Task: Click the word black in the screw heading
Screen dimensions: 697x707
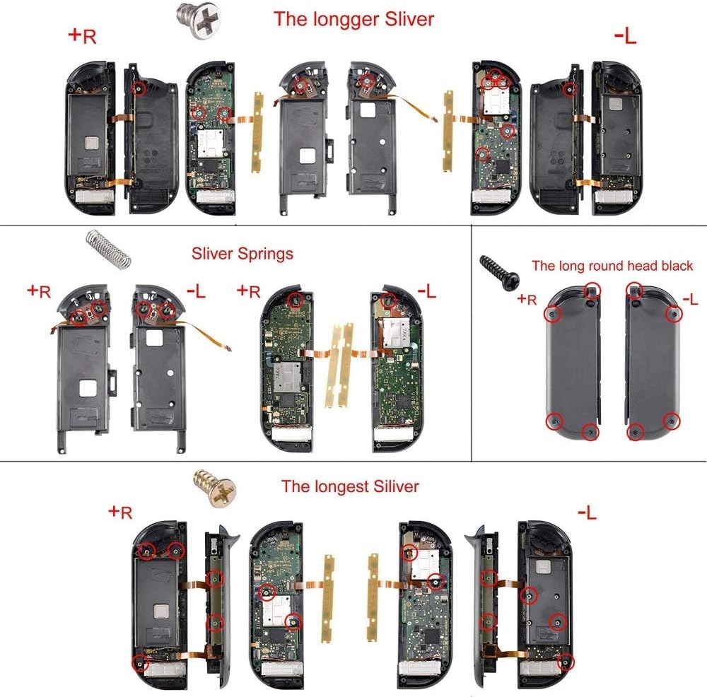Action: pyautogui.click(x=673, y=266)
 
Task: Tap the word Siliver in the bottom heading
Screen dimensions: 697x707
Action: pyautogui.click(x=395, y=486)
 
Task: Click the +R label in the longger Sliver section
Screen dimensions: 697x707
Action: pyautogui.click(x=82, y=37)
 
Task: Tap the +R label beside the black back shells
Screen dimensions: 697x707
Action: pyautogui.click(x=527, y=299)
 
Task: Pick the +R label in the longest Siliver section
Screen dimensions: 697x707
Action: pyautogui.click(x=119, y=512)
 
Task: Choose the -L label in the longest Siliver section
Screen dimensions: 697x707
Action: pyautogui.click(x=587, y=512)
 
